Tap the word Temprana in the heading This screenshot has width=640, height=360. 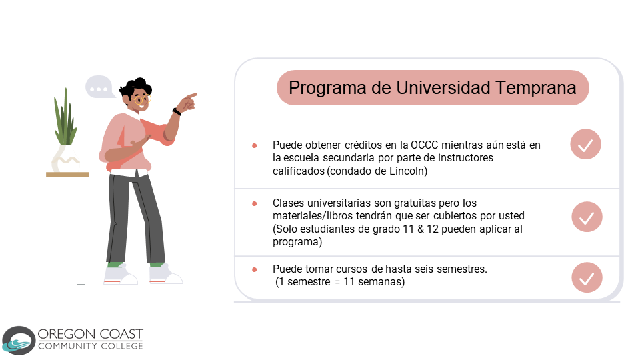(535, 88)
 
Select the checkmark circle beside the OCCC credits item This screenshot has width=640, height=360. (586, 144)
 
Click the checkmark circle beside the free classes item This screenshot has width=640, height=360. (587, 217)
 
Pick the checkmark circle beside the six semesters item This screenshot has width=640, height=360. (587, 277)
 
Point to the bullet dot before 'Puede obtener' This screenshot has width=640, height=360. (254, 145)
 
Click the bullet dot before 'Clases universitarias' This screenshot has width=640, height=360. (254, 203)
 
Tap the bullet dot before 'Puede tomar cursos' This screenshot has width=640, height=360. (254, 269)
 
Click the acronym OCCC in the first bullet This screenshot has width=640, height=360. (424, 145)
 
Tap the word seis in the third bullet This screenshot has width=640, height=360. (424, 269)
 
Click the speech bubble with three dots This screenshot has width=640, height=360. (99, 87)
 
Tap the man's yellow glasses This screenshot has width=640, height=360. (141, 99)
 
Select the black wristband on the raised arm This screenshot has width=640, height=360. (177, 111)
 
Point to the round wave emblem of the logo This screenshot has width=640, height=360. (19, 341)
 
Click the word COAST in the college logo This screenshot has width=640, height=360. (121, 334)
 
